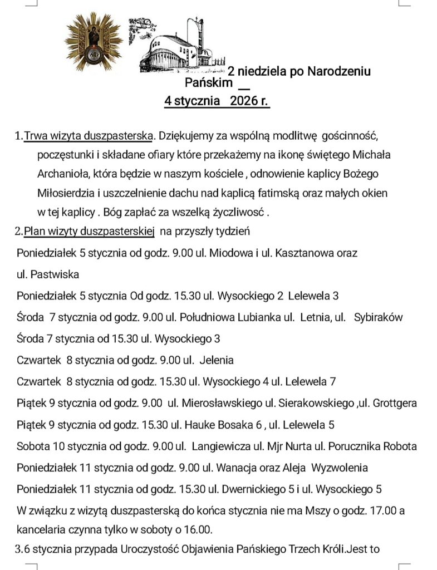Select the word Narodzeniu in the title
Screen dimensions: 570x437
coord(339,71)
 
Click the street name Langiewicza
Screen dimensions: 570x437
coord(224,446)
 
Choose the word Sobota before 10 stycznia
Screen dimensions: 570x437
coord(33,446)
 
